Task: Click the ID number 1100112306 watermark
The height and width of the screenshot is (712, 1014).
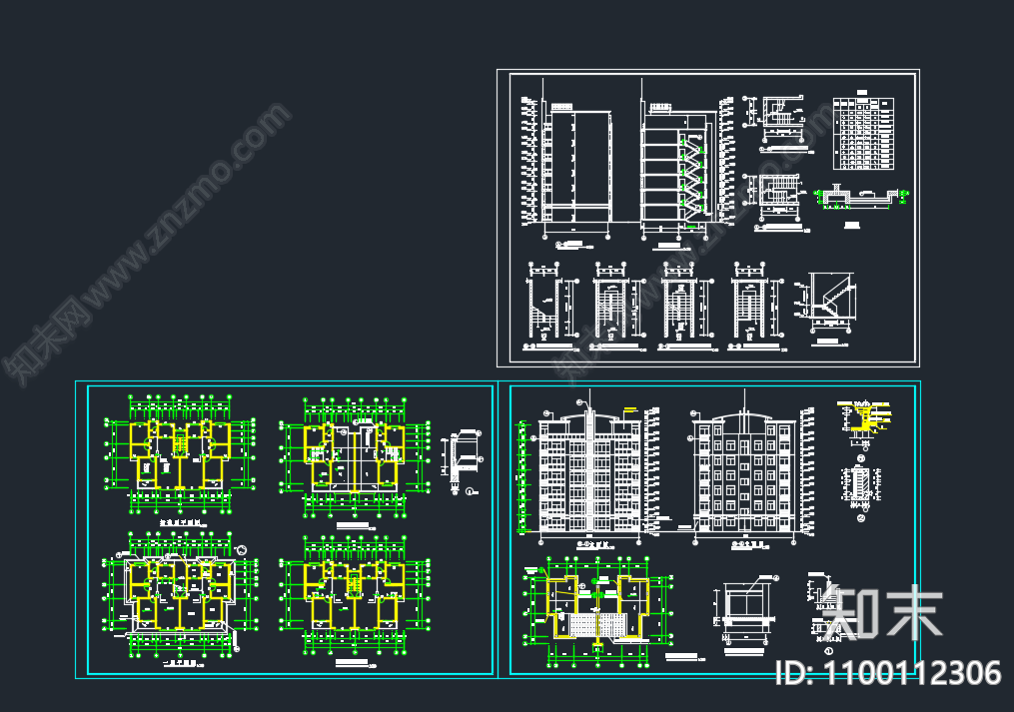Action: (888, 672)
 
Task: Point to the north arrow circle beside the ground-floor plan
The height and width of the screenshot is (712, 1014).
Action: (241, 546)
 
